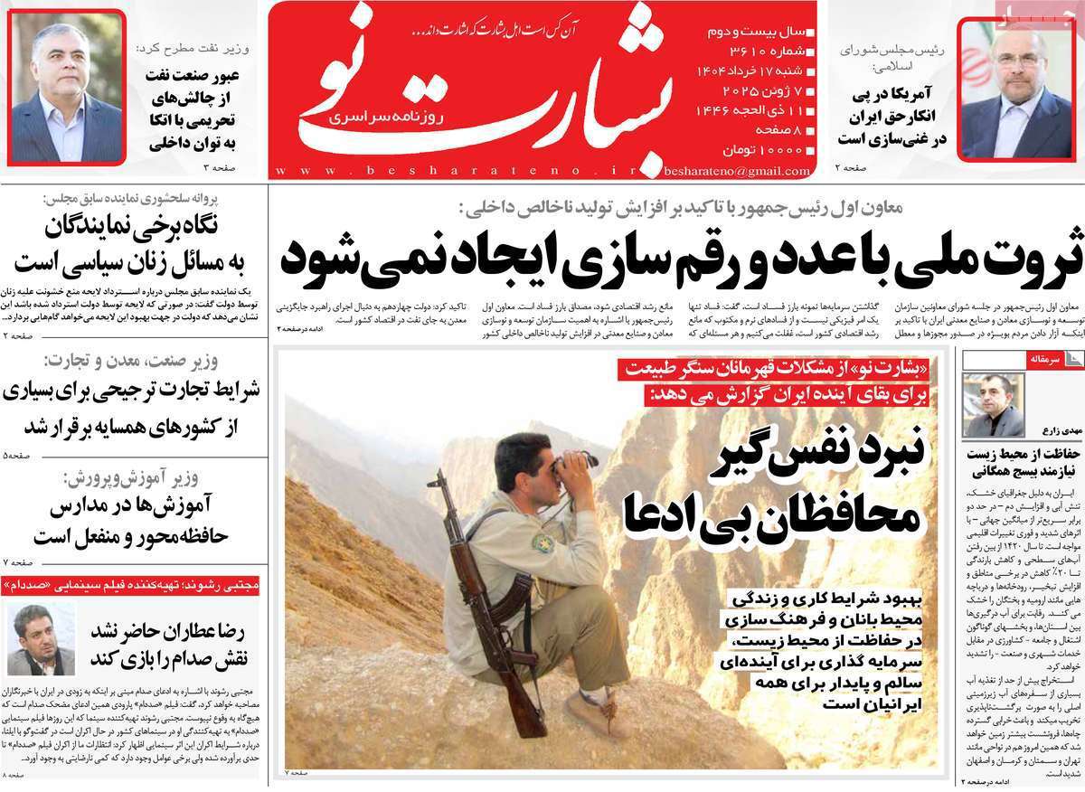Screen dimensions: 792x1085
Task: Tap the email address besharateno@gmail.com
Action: pos(736,169)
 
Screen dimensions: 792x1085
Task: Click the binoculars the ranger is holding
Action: pos(575,464)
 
